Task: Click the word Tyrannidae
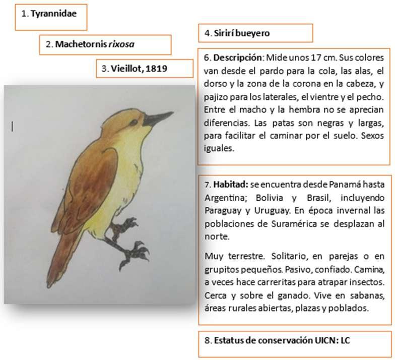(53, 14)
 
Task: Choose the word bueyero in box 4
(253, 33)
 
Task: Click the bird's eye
(134, 122)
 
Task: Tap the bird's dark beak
(158, 119)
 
